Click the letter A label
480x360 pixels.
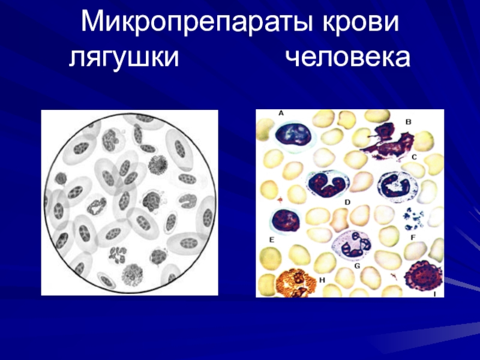click(x=281, y=112)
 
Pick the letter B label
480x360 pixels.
click(x=409, y=122)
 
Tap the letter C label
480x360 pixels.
click(x=414, y=157)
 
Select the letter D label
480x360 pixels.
click(x=347, y=203)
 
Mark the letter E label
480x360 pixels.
click(x=271, y=239)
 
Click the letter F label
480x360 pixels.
click(x=413, y=238)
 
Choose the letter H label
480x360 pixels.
click(x=322, y=280)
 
